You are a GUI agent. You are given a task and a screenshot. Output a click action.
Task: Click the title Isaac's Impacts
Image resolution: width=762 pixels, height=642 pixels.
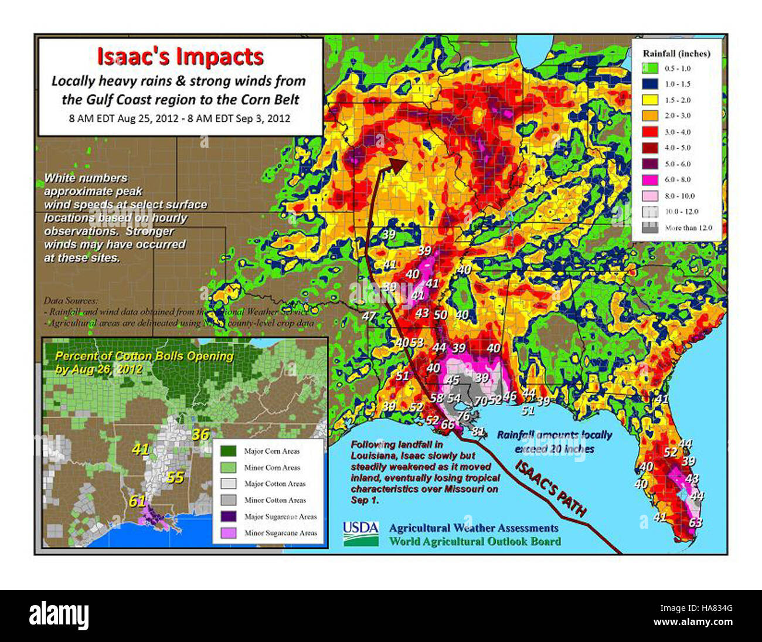tap(180, 57)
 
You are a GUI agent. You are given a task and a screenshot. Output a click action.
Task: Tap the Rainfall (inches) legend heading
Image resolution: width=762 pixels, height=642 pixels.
tap(676, 53)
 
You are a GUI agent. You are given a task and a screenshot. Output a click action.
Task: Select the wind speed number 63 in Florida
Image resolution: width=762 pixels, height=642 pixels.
tap(695, 522)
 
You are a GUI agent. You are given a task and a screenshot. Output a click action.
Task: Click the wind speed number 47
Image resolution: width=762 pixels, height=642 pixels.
tap(369, 317)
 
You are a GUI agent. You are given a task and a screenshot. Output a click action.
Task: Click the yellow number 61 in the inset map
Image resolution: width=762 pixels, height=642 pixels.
tap(137, 501)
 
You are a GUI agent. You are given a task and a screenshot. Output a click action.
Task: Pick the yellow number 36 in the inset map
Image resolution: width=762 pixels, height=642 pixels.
tap(200, 434)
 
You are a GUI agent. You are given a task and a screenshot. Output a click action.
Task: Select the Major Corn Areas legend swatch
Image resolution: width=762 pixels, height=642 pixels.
tap(228, 451)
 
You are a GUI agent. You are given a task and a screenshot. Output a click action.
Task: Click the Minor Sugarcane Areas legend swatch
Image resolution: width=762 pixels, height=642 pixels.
tap(228, 533)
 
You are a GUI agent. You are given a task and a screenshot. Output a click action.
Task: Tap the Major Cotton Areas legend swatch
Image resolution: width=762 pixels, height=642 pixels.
tap(228, 484)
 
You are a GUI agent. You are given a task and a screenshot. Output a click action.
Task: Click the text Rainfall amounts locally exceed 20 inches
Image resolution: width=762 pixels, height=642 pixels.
tap(554, 442)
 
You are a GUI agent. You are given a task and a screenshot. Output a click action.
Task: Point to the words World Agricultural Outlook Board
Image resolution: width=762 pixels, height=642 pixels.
tap(474, 542)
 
